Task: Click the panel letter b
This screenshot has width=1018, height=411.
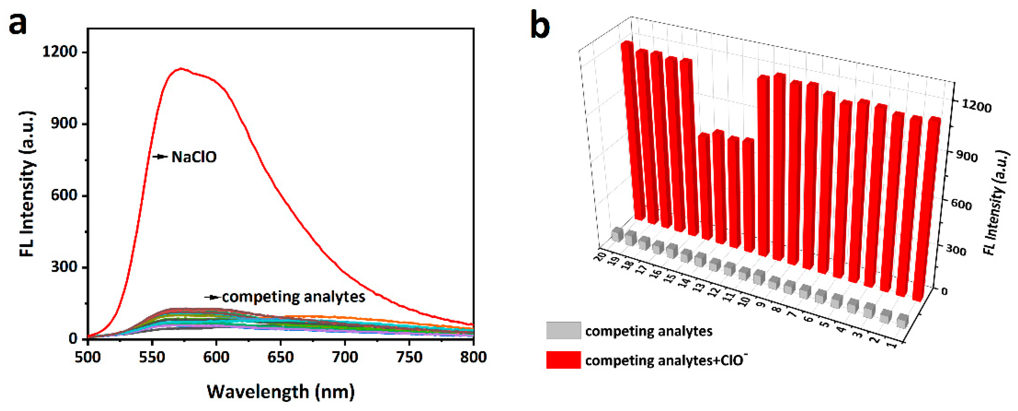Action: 539,25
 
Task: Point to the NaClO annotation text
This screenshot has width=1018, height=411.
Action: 194,157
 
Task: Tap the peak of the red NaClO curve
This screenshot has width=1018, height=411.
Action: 181,68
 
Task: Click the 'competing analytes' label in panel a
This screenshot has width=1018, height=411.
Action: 293,297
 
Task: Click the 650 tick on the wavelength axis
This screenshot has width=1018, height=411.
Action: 280,357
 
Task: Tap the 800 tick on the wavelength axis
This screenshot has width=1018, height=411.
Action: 473,357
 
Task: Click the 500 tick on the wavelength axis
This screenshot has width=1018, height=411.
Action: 87,357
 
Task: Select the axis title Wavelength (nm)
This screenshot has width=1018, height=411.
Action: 281,392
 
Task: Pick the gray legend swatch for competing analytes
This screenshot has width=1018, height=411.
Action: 563,331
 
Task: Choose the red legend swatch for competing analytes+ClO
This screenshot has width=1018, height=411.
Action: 563,360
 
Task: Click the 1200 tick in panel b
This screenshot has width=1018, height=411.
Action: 976,106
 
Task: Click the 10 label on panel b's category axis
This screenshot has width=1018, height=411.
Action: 744,301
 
